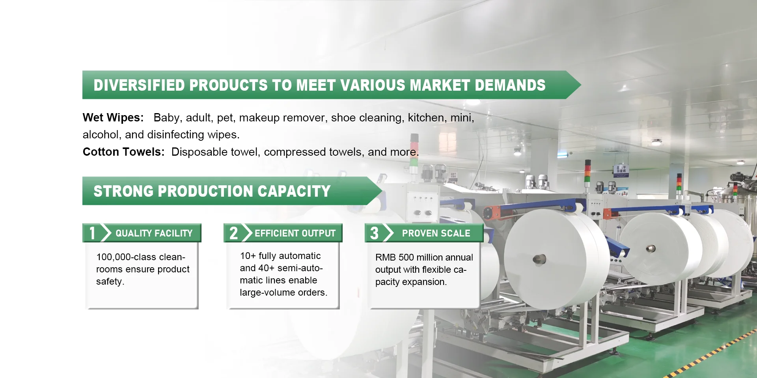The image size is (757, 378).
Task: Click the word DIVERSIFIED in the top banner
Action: coord(139,85)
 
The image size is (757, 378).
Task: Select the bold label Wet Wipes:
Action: coord(113,117)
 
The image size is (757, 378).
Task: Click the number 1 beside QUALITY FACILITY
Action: coord(92,233)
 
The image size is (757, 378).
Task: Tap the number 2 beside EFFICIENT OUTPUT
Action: coord(233,233)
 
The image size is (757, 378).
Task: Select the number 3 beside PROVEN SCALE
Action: coord(374,233)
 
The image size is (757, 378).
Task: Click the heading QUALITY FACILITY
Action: coord(154,233)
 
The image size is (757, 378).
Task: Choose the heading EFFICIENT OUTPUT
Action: coord(295,233)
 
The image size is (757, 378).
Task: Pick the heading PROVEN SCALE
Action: coord(436,233)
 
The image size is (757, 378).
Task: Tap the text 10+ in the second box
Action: coord(248,256)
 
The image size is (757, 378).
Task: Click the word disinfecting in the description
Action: coord(176,135)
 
